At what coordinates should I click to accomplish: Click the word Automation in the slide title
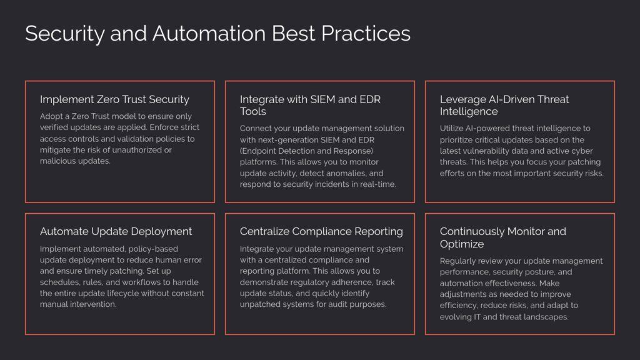(x=209, y=34)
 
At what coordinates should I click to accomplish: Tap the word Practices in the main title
(x=366, y=34)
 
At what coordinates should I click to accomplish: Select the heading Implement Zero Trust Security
(x=115, y=99)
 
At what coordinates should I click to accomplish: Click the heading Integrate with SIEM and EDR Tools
(x=310, y=105)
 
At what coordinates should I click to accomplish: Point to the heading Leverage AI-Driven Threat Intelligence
(x=504, y=105)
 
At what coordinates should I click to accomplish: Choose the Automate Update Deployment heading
(x=116, y=232)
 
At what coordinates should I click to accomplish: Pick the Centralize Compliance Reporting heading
(x=321, y=232)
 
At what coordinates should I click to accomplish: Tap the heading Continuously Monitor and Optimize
(x=503, y=237)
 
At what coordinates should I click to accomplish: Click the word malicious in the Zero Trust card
(x=56, y=161)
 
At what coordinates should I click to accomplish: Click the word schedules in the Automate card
(x=59, y=282)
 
